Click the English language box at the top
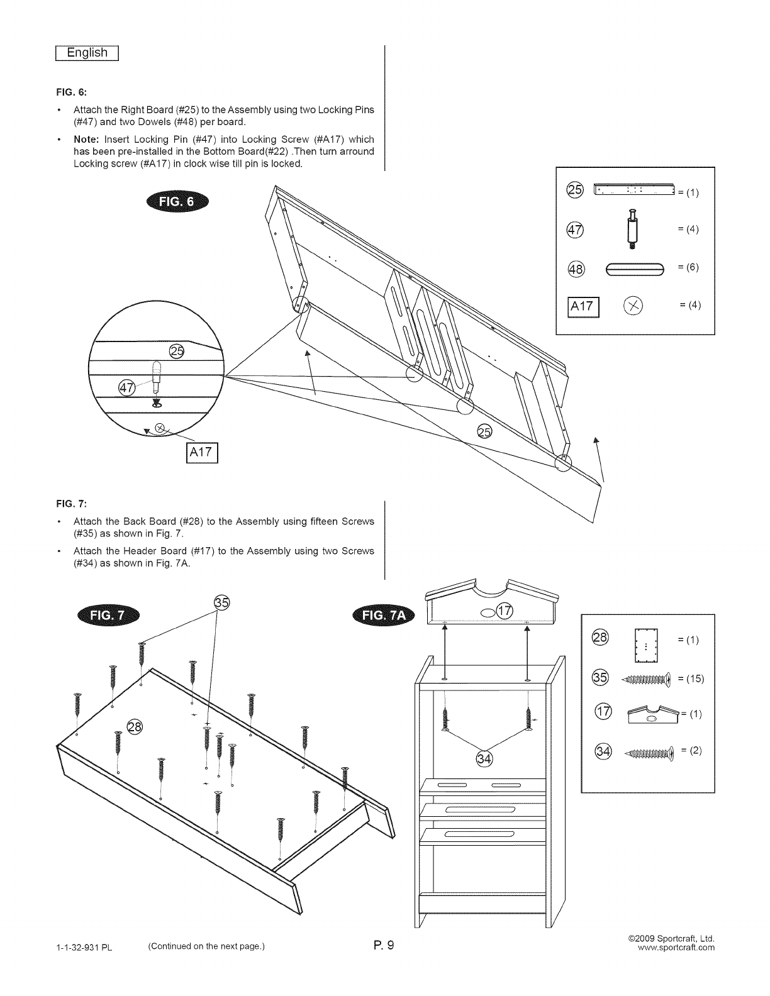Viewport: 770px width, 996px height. click(x=88, y=53)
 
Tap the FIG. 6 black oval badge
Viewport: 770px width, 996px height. click(x=179, y=202)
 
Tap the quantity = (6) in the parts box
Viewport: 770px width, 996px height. click(x=688, y=267)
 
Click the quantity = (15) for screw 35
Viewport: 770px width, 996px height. click(x=691, y=678)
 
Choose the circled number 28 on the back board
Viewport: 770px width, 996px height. click(x=135, y=727)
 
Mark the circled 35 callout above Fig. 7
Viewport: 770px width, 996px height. click(x=222, y=602)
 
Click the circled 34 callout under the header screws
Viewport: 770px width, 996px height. click(x=484, y=759)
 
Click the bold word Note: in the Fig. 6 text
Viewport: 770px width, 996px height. click(x=87, y=140)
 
